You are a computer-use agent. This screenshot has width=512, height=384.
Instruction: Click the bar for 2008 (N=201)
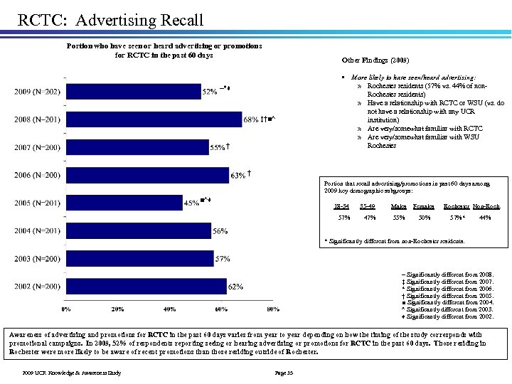[153, 119]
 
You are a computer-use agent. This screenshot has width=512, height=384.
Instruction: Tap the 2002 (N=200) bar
[146, 287]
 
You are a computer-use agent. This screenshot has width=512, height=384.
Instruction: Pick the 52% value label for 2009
[210, 92]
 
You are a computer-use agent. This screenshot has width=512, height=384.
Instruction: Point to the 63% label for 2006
[238, 175]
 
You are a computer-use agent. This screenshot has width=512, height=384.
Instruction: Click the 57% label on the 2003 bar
[223, 259]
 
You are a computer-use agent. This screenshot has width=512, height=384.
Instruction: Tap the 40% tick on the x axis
[169, 309]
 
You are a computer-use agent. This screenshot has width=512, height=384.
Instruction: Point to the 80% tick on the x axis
[272, 309]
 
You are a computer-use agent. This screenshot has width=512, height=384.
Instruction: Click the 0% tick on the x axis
[66, 309]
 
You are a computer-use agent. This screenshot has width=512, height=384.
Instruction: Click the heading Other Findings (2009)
[375, 60]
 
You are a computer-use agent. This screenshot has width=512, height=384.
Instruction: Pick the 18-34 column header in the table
[341, 206]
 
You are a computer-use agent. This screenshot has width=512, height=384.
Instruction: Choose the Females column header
[425, 206]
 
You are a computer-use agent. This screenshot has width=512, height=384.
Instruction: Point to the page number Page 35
[284, 373]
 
